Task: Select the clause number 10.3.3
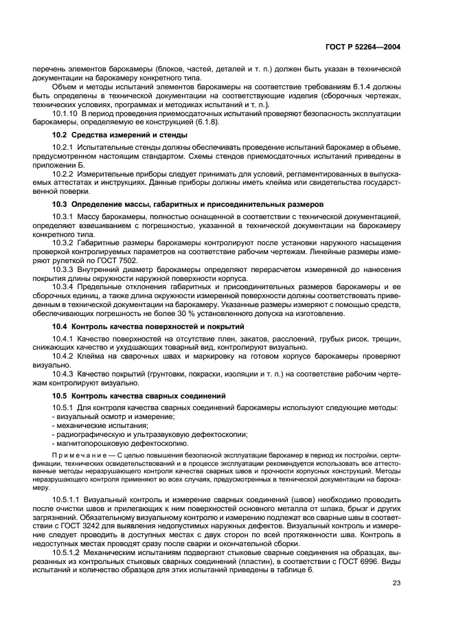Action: pos(64,271)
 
